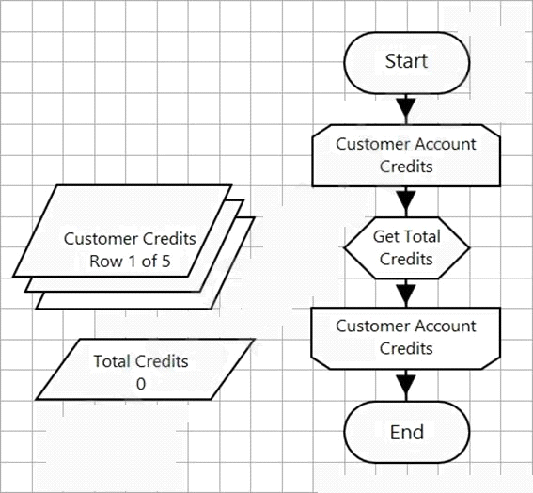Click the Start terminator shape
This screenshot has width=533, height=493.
point(406,63)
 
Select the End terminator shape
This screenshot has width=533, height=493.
point(406,432)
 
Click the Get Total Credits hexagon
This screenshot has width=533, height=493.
point(406,248)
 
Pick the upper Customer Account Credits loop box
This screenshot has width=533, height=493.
point(406,155)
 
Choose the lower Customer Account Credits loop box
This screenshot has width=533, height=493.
point(406,338)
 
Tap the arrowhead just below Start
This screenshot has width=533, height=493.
point(406,107)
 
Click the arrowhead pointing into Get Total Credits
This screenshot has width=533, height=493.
point(406,200)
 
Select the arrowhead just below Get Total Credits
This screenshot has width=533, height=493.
point(406,294)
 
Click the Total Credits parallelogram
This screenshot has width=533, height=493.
point(146,369)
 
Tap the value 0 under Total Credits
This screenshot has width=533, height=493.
point(141,384)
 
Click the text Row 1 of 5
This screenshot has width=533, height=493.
point(130,262)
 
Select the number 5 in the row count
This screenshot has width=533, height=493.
point(165,262)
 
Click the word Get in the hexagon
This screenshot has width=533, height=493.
point(385,236)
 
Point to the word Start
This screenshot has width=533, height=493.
point(406,61)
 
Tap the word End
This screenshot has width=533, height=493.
point(407,433)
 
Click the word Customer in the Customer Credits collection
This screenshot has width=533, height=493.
point(101,239)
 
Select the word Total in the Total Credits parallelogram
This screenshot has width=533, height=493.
point(113,361)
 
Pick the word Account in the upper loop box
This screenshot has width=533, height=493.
point(446,144)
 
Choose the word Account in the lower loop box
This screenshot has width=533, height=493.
point(446,326)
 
